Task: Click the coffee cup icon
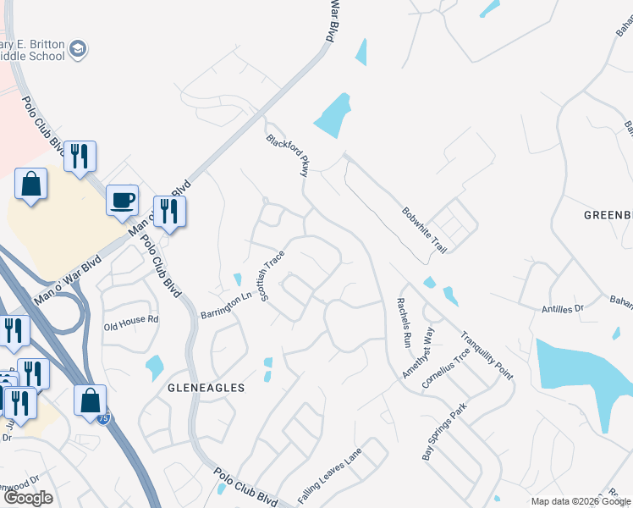[x=122, y=199]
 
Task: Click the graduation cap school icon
[x=79, y=49]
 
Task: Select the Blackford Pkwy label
[x=285, y=155]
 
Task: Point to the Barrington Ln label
[x=227, y=306]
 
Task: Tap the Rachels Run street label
[x=405, y=323]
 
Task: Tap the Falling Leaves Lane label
[x=330, y=476]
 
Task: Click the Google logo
[x=28, y=498]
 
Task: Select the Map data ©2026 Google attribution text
[x=580, y=501]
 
